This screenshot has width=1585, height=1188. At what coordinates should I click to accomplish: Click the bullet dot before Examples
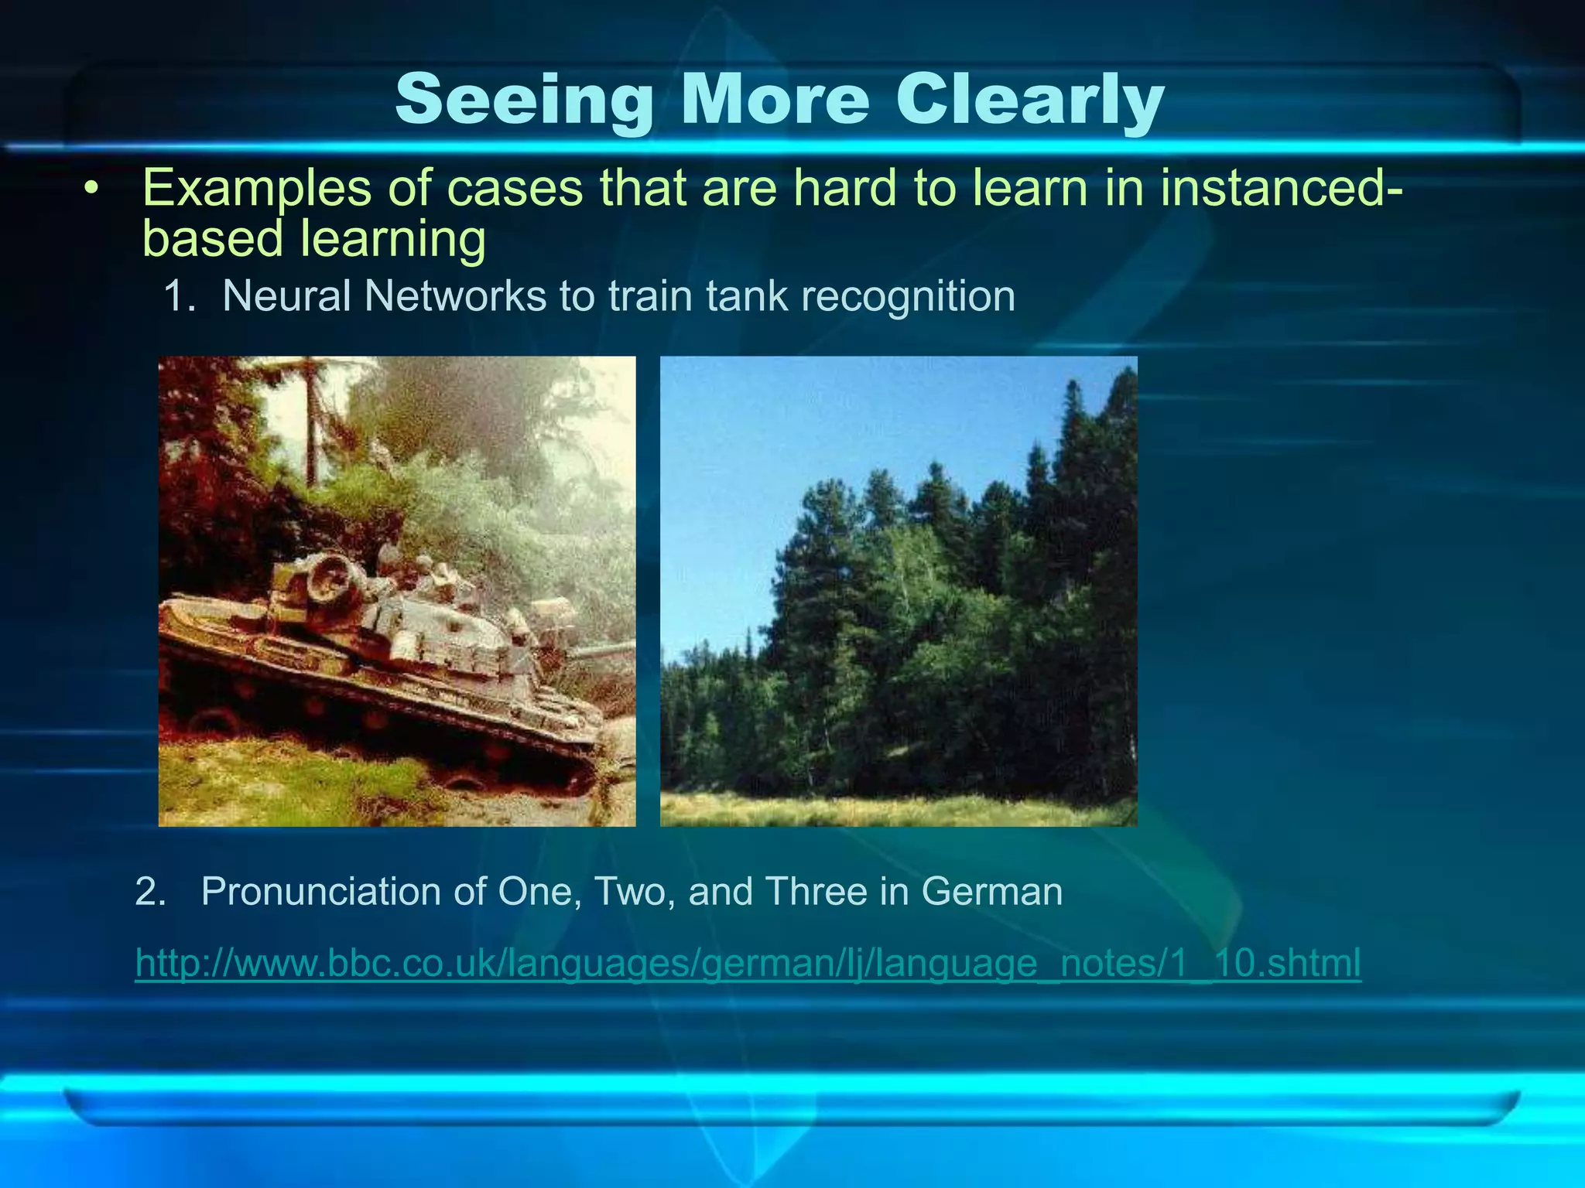[93, 189]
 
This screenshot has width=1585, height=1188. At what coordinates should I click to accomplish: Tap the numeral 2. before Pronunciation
[150, 892]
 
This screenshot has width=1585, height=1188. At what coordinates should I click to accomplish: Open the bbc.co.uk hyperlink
[748, 964]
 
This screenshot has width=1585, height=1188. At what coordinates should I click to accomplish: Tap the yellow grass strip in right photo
[898, 811]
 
